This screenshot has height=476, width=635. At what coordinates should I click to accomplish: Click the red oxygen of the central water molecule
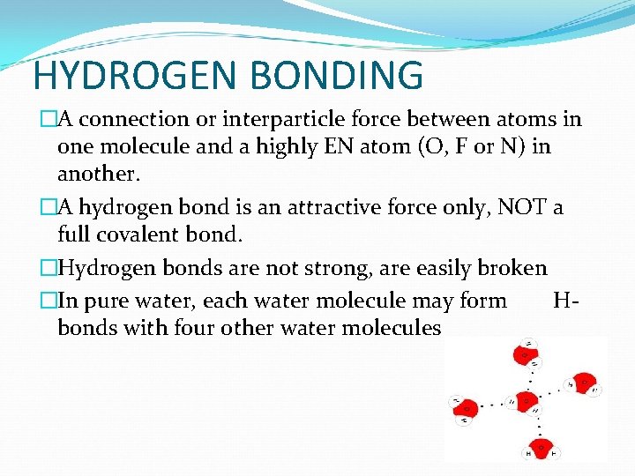[526, 401]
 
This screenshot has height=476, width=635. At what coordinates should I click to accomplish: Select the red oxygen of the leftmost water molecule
[467, 408]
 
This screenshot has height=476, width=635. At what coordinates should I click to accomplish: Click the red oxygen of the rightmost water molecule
[583, 384]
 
